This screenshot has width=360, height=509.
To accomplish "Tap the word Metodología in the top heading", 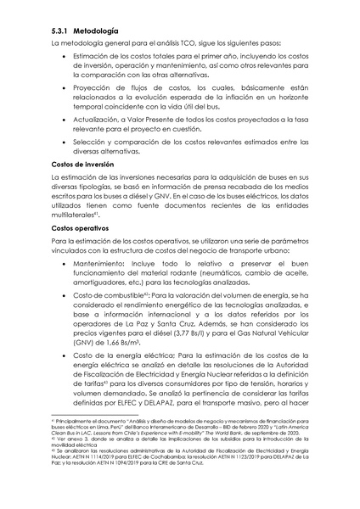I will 95,31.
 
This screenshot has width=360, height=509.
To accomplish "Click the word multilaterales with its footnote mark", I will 78,216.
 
